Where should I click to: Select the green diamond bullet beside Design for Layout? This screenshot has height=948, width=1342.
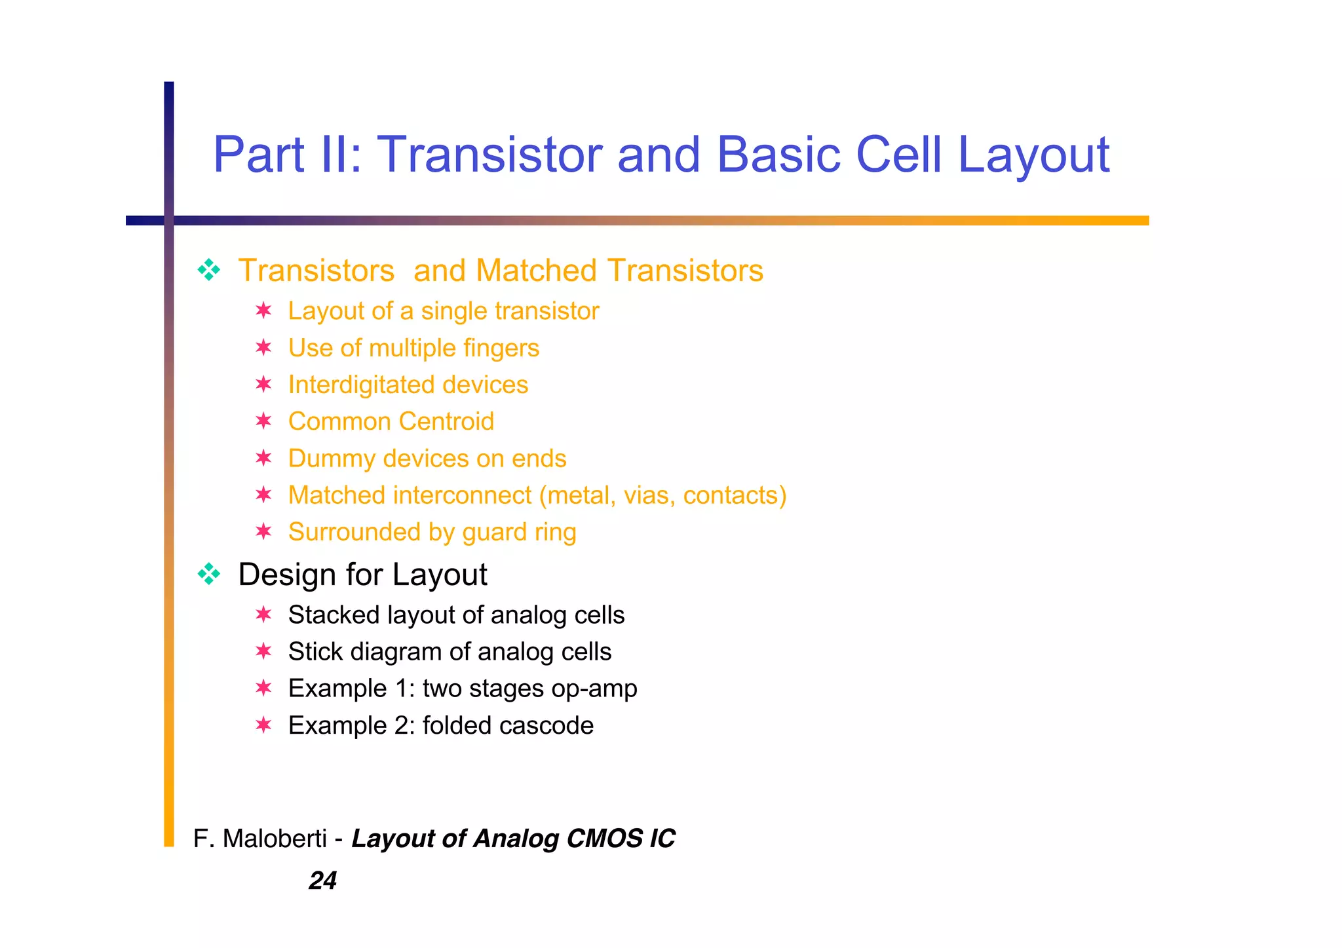209,574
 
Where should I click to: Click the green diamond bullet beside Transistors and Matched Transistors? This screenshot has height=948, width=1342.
209,270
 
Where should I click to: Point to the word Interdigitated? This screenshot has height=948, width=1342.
351,385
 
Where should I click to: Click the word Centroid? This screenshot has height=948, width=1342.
448,421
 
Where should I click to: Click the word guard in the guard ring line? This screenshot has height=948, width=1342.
493,533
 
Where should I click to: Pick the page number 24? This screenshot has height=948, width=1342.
322,881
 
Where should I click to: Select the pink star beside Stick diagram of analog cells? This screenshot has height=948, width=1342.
263,651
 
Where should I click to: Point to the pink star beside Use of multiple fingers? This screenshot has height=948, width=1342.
263,347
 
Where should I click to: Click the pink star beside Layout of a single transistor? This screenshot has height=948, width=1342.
263,310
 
